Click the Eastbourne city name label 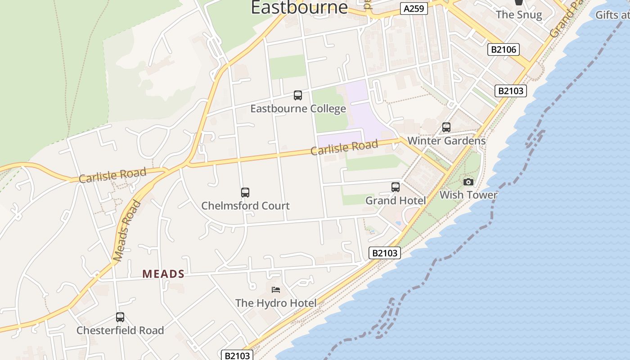[299, 7]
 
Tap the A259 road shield [414, 9]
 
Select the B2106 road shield [504, 49]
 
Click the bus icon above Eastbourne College [298, 95]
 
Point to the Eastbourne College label [298, 109]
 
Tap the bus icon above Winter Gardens [446, 127]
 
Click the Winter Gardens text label [446, 141]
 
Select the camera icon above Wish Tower [468, 182]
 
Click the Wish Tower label [468, 195]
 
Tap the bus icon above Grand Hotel [396, 187]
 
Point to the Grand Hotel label [396, 201]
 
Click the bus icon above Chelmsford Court [245, 193]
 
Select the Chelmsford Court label [245, 206]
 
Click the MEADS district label [163, 274]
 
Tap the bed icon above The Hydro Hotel [276, 289]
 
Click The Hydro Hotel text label [276, 303]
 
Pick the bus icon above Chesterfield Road [120, 317]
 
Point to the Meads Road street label [127, 231]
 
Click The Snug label [519, 14]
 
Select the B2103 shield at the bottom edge [237, 355]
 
